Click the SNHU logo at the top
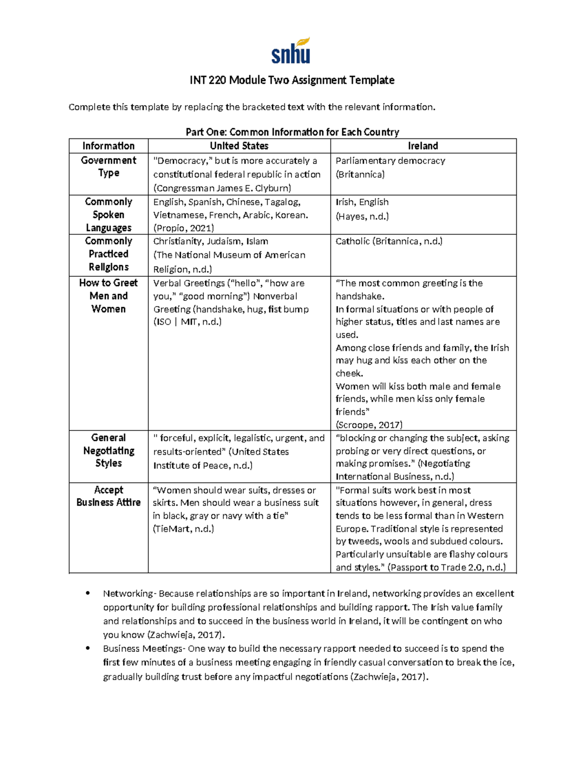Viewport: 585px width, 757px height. tap(291, 51)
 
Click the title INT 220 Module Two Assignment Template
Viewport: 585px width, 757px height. tap(292, 80)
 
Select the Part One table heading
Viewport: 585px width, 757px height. tap(292, 132)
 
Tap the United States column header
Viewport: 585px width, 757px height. tap(239, 146)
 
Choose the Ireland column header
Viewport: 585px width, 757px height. tap(423, 146)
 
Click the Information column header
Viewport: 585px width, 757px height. tap(108, 146)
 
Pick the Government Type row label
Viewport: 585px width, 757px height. tap(108, 167)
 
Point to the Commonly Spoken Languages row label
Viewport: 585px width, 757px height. tap(108, 214)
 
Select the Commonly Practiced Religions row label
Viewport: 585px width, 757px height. tap(108, 254)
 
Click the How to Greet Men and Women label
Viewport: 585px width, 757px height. tap(108, 296)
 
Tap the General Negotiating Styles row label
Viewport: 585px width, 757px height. tap(108, 450)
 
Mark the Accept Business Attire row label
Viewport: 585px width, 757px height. tap(108, 496)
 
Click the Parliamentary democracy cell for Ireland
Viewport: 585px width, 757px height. tap(390, 161)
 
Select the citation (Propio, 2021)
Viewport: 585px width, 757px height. tap(183, 228)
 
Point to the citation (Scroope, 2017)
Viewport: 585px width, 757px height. tap(369, 425)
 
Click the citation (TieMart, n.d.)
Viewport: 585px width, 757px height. tap(183, 529)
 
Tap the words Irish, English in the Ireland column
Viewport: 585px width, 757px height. tap(362, 202)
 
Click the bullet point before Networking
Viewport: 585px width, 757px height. tap(88, 593)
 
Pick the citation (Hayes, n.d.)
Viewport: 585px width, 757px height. tap(362, 216)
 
